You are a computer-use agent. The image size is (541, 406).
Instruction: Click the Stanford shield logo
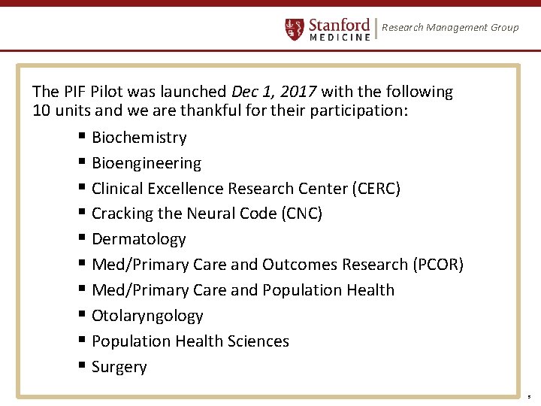(295, 29)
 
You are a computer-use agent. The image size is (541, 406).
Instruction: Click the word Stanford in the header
(340, 24)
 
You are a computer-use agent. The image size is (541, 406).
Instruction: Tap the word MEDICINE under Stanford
(340, 37)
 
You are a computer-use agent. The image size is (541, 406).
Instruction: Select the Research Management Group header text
(450, 28)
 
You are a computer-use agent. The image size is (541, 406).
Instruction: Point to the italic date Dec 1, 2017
(276, 92)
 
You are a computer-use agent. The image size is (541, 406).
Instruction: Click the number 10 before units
(41, 111)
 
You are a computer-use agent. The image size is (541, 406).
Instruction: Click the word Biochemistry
(139, 138)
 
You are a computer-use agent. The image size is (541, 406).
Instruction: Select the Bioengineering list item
(147, 163)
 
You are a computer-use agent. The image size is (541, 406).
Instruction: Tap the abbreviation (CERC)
(376, 189)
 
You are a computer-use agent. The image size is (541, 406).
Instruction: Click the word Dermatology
(139, 239)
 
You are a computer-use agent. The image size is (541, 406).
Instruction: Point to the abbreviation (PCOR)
(438, 265)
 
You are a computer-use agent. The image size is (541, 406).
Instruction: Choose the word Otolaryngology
(147, 316)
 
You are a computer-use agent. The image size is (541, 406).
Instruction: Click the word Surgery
(119, 367)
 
